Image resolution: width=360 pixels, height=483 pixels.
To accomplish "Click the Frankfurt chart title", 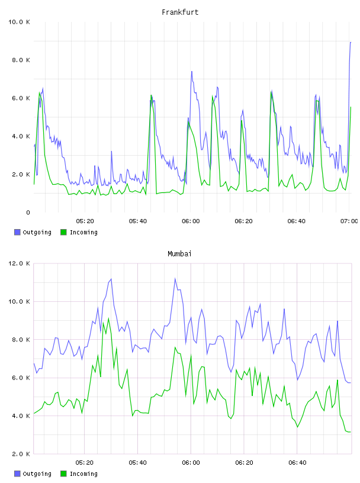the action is point(180,12).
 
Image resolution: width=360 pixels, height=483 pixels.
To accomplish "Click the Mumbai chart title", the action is point(179,254).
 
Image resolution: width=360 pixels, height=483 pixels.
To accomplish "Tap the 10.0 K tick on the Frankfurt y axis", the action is point(19,22).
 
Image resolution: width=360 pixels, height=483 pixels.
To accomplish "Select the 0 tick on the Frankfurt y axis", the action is point(28,212).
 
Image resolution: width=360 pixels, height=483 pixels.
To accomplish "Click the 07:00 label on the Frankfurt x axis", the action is point(349,221).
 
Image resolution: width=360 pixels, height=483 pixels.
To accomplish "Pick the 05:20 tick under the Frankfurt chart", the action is point(85,221).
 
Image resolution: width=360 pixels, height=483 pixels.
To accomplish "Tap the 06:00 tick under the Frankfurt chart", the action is point(191,221).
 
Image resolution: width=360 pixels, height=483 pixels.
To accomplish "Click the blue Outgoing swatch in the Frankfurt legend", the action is point(17,232).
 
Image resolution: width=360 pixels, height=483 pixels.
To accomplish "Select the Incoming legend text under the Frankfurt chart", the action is point(83,233).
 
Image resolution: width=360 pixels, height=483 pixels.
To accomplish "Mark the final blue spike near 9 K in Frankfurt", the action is point(351,42).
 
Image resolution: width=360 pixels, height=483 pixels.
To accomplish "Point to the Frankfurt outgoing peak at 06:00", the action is point(192,72).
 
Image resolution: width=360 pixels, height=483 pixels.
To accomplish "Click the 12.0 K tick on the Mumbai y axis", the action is point(19,263).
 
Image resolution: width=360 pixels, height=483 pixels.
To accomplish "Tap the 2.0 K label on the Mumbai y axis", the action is point(21,454).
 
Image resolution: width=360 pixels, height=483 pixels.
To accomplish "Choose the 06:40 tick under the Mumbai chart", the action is point(297,462).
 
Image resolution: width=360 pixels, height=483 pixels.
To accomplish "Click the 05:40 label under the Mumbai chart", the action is point(138,462).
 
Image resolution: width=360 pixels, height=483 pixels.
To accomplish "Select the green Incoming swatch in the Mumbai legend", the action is point(63,474).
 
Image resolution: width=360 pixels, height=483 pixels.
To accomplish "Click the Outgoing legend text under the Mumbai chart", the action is point(37,474).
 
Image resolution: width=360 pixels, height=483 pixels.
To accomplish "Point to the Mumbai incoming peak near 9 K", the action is point(108,318).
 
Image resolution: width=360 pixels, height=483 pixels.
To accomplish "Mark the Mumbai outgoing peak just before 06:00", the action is point(175,279).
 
